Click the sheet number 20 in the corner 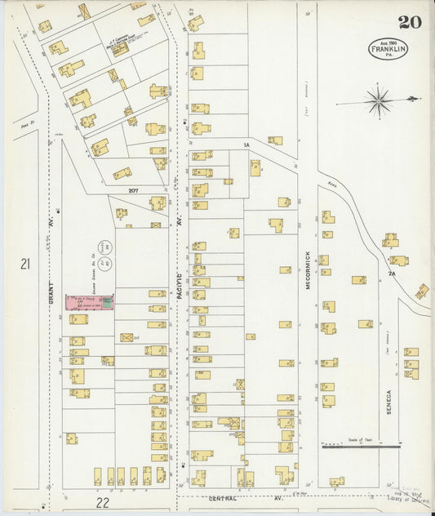tap(410, 22)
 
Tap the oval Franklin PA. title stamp tap(388, 48)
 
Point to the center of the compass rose tap(378, 101)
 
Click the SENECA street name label tap(389, 402)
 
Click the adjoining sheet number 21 tap(25, 264)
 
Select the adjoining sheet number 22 tap(102, 503)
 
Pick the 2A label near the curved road tap(392, 274)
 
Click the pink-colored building tap(90, 302)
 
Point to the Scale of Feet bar tap(361, 446)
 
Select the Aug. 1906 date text tap(388, 41)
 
